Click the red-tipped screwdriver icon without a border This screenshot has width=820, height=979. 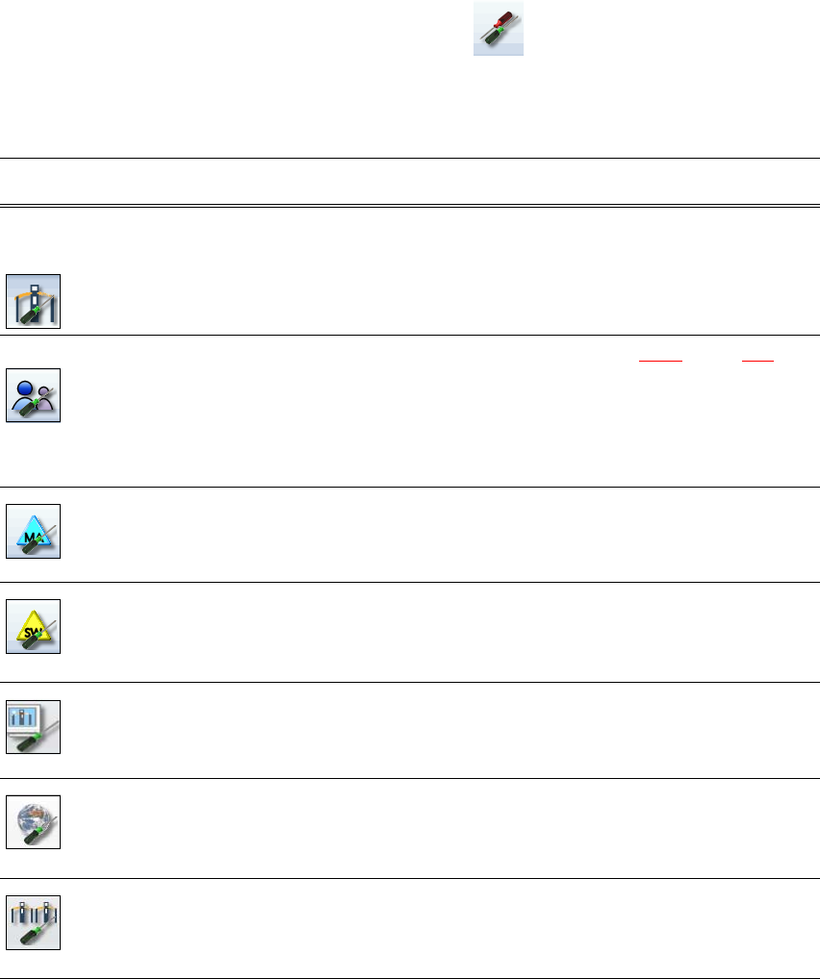pos(499,29)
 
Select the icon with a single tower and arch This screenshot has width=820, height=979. pos(33,301)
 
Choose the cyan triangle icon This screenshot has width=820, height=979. pos(33,531)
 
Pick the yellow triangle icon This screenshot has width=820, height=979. pos(33,627)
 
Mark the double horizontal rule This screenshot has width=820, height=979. pos(409,205)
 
